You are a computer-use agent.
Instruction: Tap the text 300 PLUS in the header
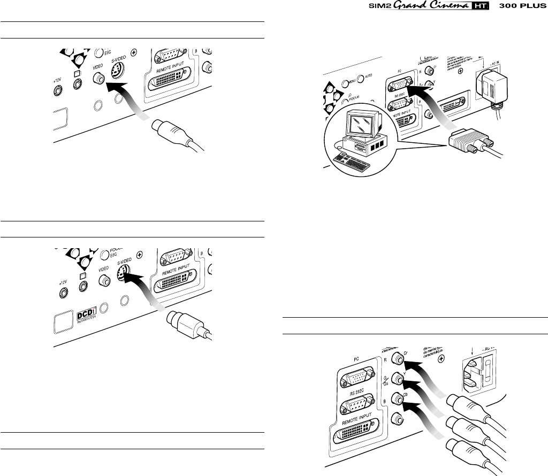click(519, 7)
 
